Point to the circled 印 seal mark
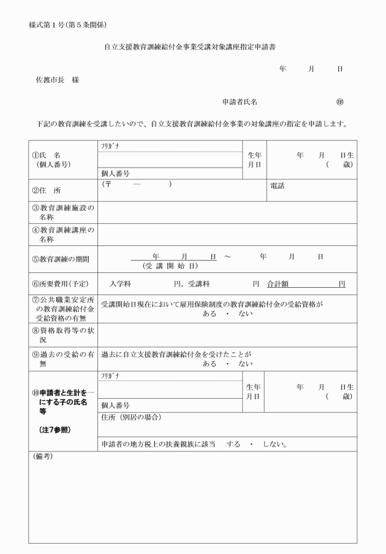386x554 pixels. [339, 102]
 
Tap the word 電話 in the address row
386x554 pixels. [278, 186]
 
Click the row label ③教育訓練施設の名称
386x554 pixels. [64, 212]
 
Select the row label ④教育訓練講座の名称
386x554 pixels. [64, 234]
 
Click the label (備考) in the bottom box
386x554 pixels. [42, 458]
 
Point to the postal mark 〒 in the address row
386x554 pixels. [109, 184]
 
